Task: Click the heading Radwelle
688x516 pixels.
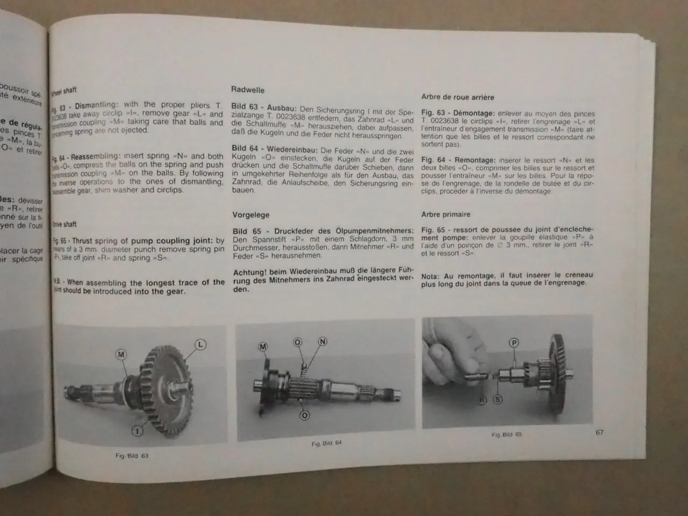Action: (248, 90)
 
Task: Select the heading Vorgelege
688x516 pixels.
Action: (250, 215)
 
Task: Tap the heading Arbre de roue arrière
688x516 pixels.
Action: (457, 97)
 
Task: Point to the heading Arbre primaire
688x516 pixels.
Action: (446, 214)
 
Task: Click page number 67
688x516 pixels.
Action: (599, 432)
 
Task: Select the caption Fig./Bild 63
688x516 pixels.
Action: (131, 456)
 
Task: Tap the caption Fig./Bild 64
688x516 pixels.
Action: (326, 443)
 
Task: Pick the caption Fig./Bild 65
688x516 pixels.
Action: (506, 434)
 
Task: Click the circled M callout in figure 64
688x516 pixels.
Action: (263, 347)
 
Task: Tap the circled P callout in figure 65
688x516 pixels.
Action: (514, 342)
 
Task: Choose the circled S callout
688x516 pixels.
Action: (498, 399)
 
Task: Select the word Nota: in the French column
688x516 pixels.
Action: (432, 275)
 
